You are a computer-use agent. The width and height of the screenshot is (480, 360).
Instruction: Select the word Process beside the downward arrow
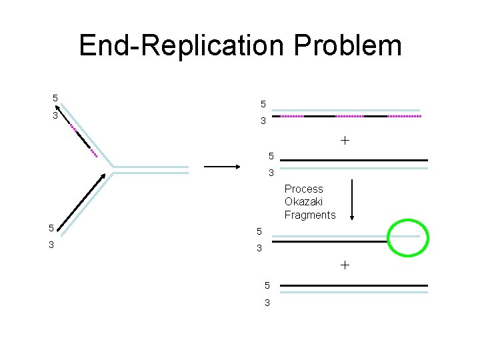pyautogui.click(x=303, y=189)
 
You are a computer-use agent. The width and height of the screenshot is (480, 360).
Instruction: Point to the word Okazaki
pyautogui.click(x=303, y=202)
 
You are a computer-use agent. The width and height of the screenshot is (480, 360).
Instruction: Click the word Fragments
pyautogui.click(x=310, y=215)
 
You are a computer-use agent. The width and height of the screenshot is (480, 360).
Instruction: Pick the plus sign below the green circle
pyautogui.click(x=345, y=265)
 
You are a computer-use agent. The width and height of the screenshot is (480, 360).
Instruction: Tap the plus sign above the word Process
pyautogui.click(x=345, y=141)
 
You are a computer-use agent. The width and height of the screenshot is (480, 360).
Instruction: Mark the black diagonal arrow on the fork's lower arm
pyautogui.click(x=81, y=201)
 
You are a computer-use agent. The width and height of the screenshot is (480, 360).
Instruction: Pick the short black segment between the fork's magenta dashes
pyautogui.click(x=83, y=139)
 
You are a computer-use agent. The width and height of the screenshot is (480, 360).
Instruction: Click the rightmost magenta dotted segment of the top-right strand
pyautogui.click(x=405, y=116)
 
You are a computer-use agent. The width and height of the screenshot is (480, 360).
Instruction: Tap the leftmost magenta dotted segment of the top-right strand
pyautogui.click(x=291, y=116)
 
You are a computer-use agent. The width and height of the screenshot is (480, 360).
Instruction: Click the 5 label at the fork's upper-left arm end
pyautogui.click(x=55, y=99)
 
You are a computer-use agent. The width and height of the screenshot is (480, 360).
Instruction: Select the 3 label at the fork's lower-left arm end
pyautogui.click(x=51, y=245)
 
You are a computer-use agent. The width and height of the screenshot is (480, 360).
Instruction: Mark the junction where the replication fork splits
pyautogui.click(x=112, y=169)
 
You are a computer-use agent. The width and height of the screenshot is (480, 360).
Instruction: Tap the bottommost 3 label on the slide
pyautogui.click(x=267, y=303)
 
